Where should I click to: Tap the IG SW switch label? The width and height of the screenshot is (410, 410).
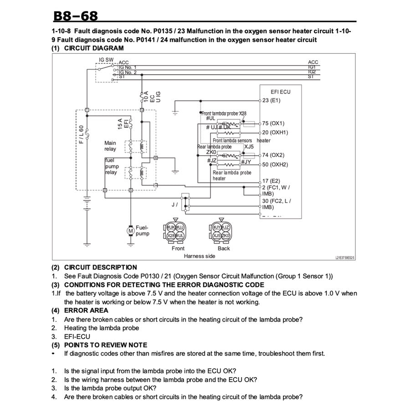point(106,60)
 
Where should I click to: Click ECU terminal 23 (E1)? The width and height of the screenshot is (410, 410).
point(272,100)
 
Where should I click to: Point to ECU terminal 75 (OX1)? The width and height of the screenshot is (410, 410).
point(273,123)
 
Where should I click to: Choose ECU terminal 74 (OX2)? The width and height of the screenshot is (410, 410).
point(273,155)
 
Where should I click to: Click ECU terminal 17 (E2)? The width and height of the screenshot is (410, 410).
point(272,181)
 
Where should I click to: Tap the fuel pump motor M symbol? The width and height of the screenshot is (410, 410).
point(130,231)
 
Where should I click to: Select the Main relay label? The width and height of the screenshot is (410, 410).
point(110,146)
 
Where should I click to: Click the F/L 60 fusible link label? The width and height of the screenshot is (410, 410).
point(81,135)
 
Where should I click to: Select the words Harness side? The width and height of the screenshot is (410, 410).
point(199,256)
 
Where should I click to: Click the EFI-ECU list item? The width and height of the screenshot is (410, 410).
point(77,337)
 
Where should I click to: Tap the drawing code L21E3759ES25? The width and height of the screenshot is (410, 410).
point(344,257)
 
